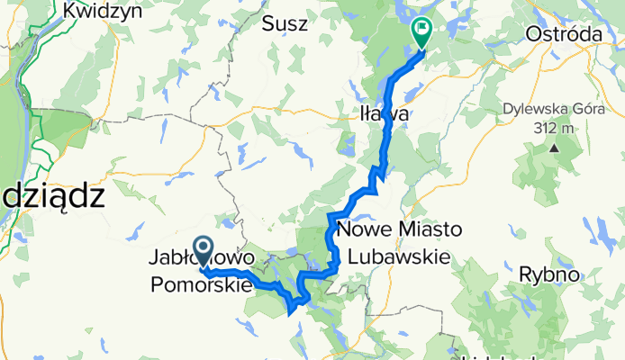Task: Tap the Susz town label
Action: click(x=285, y=24)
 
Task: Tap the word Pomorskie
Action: click(x=200, y=284)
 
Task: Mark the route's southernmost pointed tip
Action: click(x=288, y=314)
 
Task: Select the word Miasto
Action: click(x=427, y=231)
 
